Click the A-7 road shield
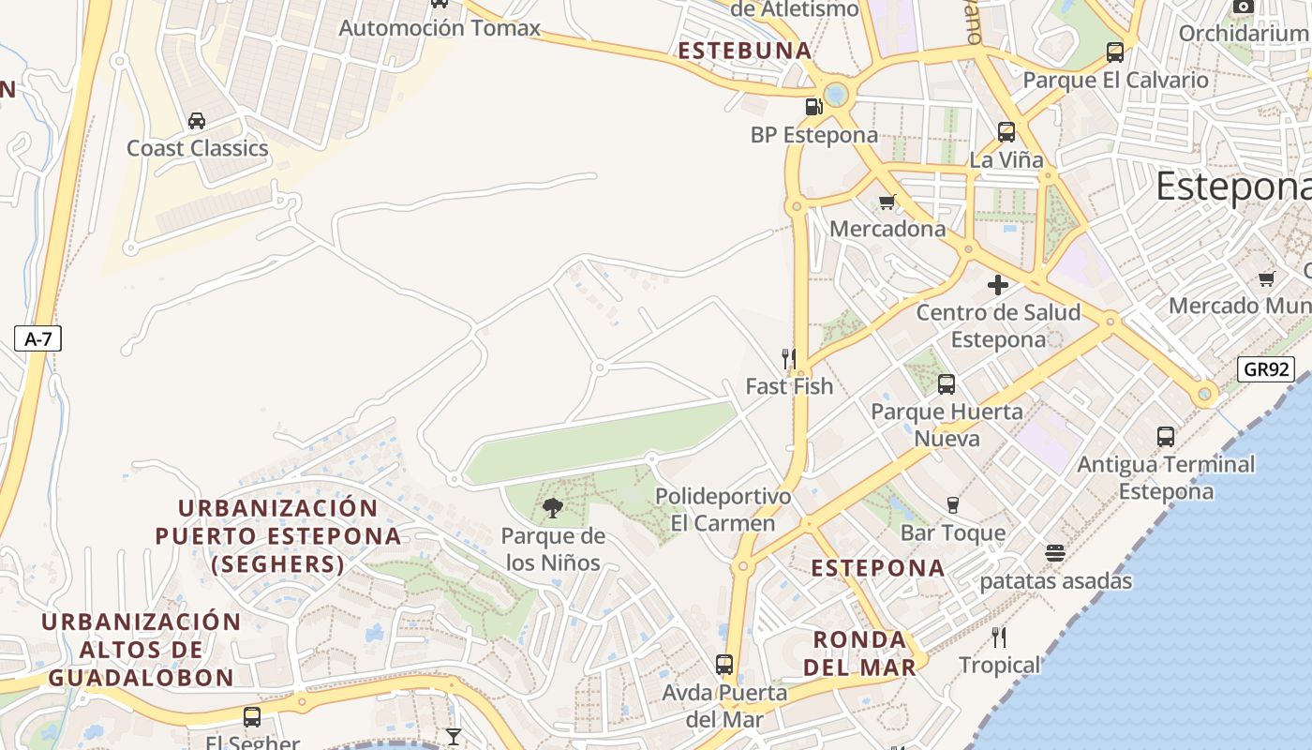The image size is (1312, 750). pyautogui.click(x=37, y=339)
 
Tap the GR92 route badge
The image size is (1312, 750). pyautogui.click(x=1265, y=369)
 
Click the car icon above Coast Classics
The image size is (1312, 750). pyautogui.click(x=197, y=120)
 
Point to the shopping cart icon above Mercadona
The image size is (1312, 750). pyautogui.click(x=887, y=202)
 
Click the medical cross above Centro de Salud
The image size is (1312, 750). pyautogui.click(x=998, y=284)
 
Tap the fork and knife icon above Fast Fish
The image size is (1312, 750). pyautogui.click(x=789, y=358)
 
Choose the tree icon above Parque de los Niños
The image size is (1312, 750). pyautogui.click(x=553, y=508)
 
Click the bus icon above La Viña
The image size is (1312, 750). pyautogui.click(x=1006, y=132)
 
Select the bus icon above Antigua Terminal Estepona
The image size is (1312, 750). pyautogui.click(x=1166, y=436)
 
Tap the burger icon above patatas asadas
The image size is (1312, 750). pyautogui.click(x=1055, y=553)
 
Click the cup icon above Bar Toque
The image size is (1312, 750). pyautogui.click(x=953, y=504)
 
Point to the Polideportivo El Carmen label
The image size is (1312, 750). pyautogui.click(x=723, y=509)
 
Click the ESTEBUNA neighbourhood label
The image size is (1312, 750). pyautogui.click(x=744, y=52)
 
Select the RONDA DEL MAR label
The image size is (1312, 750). pyautogui.click(x=859, y=653)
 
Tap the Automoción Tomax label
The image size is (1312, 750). pyautogui.click(x=440, y=28)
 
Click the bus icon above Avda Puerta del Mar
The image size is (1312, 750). pyautogui.click(x=724, y=665)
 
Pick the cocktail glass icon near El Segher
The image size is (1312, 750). pyautogui.click(x=454, y=737)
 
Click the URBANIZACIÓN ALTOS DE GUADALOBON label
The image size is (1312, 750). pyautogui.click(x=142, y=650)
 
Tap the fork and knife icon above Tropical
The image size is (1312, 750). pyautogui.click(x=999, y=637)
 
